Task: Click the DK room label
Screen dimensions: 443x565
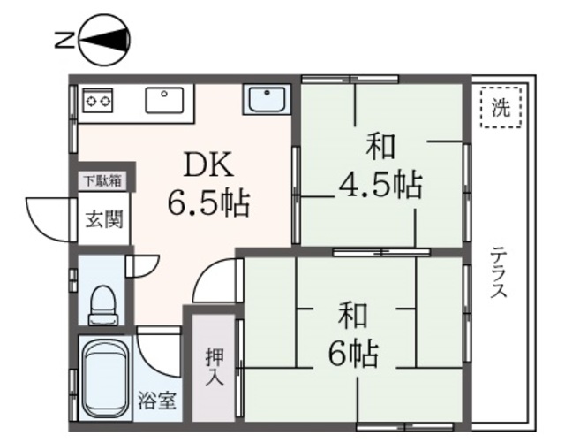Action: tap(207, 165)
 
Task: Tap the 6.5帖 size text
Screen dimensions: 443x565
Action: tap(208, 204)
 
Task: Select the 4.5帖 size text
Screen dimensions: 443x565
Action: tap(380, 186)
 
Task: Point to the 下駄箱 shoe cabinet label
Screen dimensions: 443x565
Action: tap(103, 181)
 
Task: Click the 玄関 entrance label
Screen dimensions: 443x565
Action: tap(103, 218)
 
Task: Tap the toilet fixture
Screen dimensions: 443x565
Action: tap(103, 302)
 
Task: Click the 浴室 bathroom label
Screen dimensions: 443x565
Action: tap(156, 401)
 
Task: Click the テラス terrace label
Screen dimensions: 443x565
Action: tap(499, 271)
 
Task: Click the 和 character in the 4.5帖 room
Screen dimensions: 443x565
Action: tap(380, 144)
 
